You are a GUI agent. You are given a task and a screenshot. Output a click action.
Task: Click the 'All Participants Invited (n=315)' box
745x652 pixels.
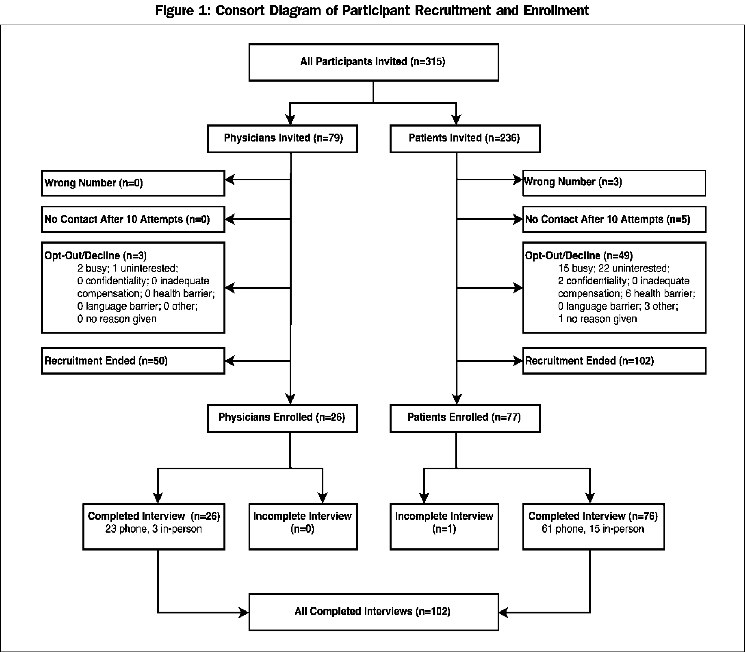click(374, 62)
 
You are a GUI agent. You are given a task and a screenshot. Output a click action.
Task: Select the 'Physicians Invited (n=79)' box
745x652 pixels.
click(283, 139)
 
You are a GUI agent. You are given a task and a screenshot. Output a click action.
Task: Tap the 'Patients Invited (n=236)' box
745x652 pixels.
click(465, 139)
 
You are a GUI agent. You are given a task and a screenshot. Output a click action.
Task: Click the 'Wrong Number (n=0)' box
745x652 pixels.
click(133, 183)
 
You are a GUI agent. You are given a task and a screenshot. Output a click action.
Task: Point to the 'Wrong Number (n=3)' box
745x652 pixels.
click(614, 183)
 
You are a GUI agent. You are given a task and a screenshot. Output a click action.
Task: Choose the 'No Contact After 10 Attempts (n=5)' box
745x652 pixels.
click(614, 219)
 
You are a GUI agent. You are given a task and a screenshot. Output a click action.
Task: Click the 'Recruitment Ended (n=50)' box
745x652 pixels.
click(133, 361)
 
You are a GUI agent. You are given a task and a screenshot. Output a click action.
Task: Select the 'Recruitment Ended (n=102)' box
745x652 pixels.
click(614, 361)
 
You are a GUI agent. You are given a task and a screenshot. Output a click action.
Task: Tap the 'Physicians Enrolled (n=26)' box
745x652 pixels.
click(283, 418)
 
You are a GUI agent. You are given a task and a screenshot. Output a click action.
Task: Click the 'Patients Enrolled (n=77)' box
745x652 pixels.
click(465, 418)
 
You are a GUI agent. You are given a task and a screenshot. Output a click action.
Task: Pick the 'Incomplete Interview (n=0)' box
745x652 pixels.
click(303, 527)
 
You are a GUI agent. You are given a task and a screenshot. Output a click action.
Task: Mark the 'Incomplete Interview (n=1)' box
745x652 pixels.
click(444, 527)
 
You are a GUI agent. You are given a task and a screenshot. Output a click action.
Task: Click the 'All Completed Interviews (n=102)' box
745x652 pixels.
click(374, 612)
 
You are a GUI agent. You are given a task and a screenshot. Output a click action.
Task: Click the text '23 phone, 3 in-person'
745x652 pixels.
click(153, 529)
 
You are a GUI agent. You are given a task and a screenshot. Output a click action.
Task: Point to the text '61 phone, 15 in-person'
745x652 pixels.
click(593, 529)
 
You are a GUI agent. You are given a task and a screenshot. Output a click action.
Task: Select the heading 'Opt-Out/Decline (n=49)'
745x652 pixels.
click(579, 256)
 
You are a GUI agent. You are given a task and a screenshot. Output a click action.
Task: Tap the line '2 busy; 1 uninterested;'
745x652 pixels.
click(128, 269)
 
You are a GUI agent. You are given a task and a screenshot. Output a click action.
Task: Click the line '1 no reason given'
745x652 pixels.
click(597, 319)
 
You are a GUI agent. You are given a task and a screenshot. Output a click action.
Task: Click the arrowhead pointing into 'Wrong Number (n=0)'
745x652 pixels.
click(230, 180)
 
